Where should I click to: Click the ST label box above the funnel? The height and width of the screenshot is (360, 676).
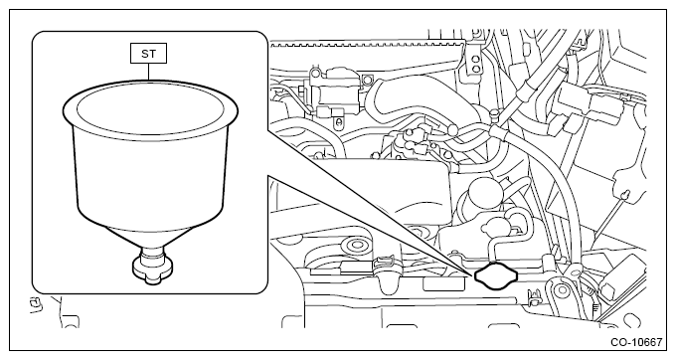[x=148, y=54]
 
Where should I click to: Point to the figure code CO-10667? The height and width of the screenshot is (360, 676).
[x=636, y=342]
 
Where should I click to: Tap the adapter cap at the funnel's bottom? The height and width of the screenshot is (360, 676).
[x=153, y=270]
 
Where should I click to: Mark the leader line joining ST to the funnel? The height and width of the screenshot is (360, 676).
[x=149, y=72]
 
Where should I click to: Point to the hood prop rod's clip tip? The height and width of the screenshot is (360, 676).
[x=625, y=195]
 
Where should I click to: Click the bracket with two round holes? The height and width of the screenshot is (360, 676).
[x=475, y=63]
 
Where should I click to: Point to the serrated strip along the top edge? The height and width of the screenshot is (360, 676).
[x=367, y=43]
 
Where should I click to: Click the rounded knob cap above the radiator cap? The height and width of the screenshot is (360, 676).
[x=497, y=226]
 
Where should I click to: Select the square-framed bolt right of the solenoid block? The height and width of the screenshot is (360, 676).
[x=367, y=80]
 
